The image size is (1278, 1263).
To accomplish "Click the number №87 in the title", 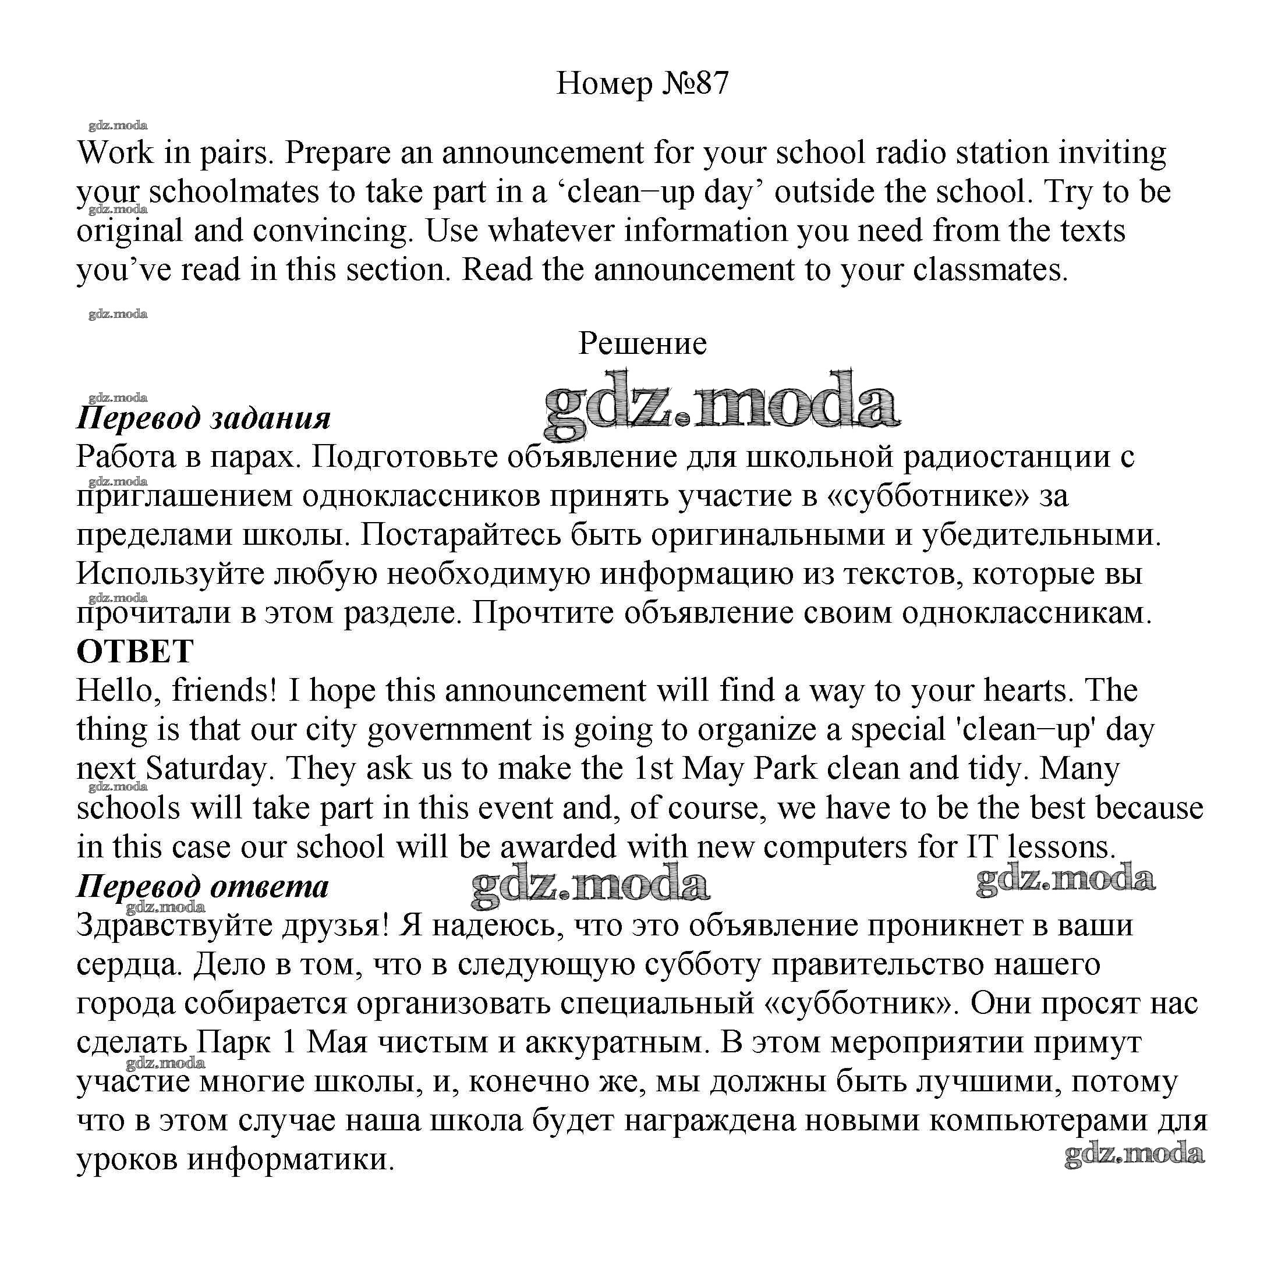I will (693, 84).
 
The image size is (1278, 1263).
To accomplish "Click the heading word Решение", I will (642, 343).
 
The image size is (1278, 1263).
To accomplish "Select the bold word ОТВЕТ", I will (135, 651).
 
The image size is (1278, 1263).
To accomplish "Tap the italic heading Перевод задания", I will (204, 418).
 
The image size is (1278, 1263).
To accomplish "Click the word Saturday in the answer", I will (206, 768).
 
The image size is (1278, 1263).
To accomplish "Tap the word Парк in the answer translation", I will (234, 1042).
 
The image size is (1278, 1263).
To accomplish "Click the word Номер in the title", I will (604, 84).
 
